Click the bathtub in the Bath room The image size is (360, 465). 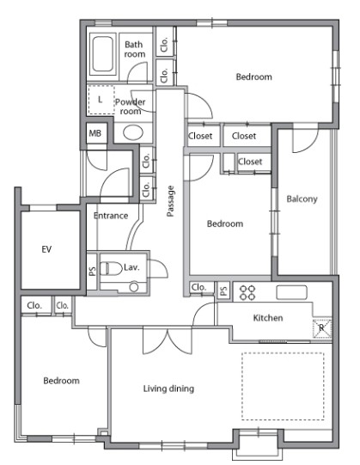pos(102,53)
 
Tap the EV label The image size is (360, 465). pos(46,249)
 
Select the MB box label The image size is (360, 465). pos(95,133)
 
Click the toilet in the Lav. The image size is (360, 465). pos(111,268)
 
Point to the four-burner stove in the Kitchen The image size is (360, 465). pos(247,292)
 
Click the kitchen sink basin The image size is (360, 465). pos(291,292)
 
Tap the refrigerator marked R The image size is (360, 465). pos(322,328)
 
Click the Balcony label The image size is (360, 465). pos(302,199)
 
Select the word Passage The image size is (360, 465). pos(170,201)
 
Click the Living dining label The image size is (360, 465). pos(168,389)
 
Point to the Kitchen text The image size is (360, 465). pos(268,318)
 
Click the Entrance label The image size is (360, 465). pos(111,216)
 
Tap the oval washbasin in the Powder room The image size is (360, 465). pos(133,132)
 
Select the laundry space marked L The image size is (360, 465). pos(101,100)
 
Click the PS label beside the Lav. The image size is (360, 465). pos(92,271)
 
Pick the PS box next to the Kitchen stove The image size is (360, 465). pos(224,291)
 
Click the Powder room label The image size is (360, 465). pos(131,107)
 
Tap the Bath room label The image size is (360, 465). pos(134,49)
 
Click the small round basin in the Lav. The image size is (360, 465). pos(134,287)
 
